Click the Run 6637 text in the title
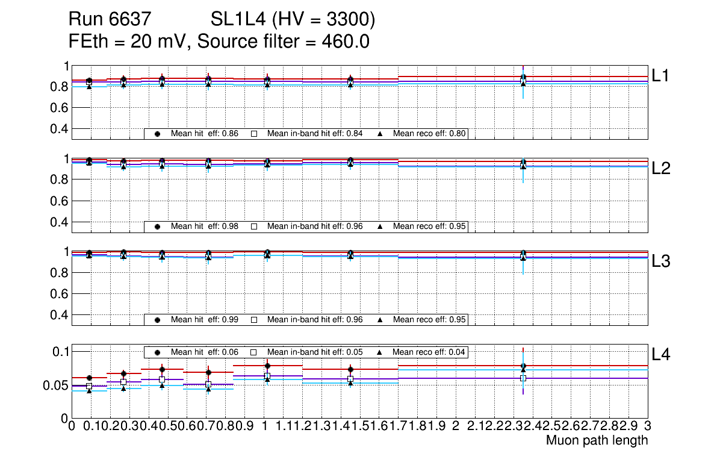pos(109,20)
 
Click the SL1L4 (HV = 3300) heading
pos(293,20)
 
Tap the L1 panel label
pos(662,76)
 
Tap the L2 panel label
pos(662,169)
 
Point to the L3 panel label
pos(662,261)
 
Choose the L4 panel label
pos(662,355)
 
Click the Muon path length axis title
pos(597,440)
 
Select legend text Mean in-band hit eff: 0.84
pos(314,134)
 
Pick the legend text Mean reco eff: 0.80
pos(430,134)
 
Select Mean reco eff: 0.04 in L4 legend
pos(430,352)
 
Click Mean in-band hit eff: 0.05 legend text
pos(314,352)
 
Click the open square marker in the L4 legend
pos(254,352)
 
